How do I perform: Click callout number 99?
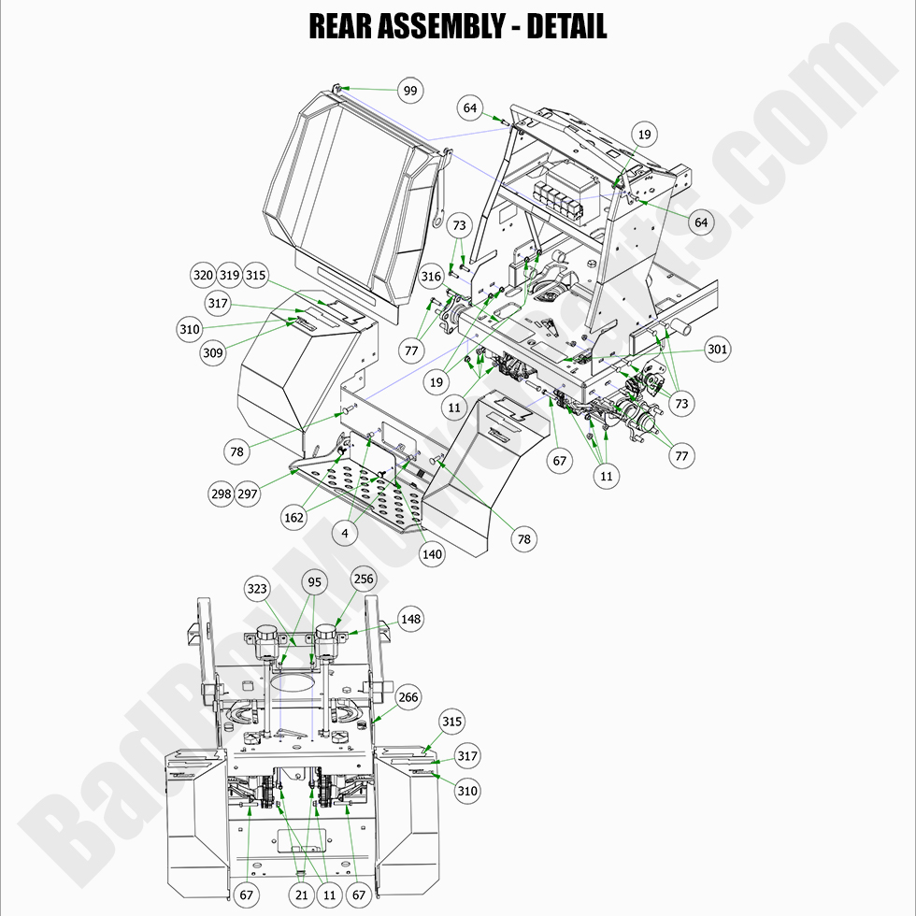[x=409, y=91]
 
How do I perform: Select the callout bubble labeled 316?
[x=431, y=277]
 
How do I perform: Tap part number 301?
[x=718, y=350]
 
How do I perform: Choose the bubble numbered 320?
[x=203, y=276]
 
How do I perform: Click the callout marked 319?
[x=229, y=276]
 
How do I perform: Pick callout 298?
[x=221, y=494]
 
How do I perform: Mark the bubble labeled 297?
[x=247, y=494]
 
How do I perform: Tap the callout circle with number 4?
[x=345, y=533]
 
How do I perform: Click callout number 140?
[x=432, y=554]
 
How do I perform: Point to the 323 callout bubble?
[x=258, y=589]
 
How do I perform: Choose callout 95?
[x=314, y=582]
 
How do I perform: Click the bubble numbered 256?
[x=363, y=579]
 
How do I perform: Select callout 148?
[x=411, y=619]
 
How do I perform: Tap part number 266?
[x=408, y=697]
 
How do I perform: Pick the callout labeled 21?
[x=301, y=895]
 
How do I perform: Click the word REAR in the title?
[x=339, y=25]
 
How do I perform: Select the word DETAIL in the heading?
[x=566, y=25]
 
